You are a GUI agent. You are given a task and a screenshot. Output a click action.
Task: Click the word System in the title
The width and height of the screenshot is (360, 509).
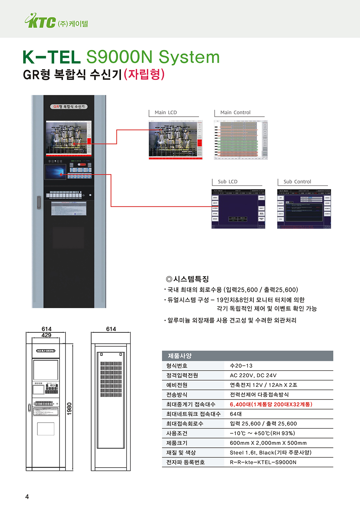coord(189,57)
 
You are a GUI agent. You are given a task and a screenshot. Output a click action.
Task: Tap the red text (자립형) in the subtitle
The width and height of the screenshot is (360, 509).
coord(144,74)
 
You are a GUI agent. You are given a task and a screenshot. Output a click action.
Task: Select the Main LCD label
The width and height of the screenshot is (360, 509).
coord(166,112)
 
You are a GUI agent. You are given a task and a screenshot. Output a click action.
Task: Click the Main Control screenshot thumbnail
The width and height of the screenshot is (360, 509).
coord(240,140)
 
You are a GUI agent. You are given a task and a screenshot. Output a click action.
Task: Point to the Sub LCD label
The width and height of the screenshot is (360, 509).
coord(228,182)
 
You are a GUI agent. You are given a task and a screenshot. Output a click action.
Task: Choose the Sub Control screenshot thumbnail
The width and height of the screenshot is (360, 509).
coord(304,209)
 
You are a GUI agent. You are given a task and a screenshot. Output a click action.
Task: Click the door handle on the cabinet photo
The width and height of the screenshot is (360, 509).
coord(39,202)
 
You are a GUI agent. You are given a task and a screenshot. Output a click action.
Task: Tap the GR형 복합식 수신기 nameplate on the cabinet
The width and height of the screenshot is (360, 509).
coord(68,107)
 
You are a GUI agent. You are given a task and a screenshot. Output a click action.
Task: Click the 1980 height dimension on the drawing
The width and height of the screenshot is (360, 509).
coord(69,408)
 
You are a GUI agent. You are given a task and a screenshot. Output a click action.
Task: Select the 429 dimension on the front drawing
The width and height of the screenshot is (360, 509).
coord(46,335)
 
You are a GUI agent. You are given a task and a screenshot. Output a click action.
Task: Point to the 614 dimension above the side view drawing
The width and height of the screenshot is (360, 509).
coord(111,329)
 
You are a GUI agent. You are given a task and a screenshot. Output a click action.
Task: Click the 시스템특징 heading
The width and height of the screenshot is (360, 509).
coord(188,279)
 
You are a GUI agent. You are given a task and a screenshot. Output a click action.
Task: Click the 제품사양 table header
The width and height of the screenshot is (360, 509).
coord(180,356)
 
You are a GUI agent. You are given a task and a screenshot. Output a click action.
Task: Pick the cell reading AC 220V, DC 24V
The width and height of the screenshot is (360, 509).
coord(253,375)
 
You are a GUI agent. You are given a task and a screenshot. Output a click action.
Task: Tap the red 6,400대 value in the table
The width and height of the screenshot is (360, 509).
coord(271,404)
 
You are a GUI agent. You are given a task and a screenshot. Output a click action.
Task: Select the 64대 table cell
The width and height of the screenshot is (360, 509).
coord(236,414)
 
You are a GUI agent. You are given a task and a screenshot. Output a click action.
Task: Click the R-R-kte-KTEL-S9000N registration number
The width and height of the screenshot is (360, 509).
coord(263,462)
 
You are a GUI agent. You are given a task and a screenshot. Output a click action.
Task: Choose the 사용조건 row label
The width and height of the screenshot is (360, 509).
coord(177,433)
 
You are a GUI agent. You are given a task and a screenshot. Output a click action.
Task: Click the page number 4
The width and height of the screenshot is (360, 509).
coord(27,497)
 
